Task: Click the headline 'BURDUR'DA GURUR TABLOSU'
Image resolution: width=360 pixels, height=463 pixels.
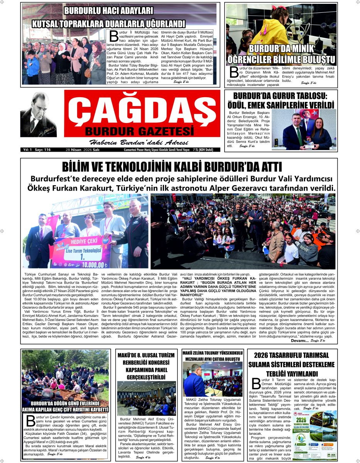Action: tap(281, 96)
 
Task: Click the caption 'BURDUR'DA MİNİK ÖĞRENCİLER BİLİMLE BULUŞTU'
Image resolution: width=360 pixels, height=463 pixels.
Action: tap(281, 54)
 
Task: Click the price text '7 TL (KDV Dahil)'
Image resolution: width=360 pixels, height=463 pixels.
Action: tap(207, 149)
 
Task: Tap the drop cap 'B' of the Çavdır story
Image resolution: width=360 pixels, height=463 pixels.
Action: tap(30, 421)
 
